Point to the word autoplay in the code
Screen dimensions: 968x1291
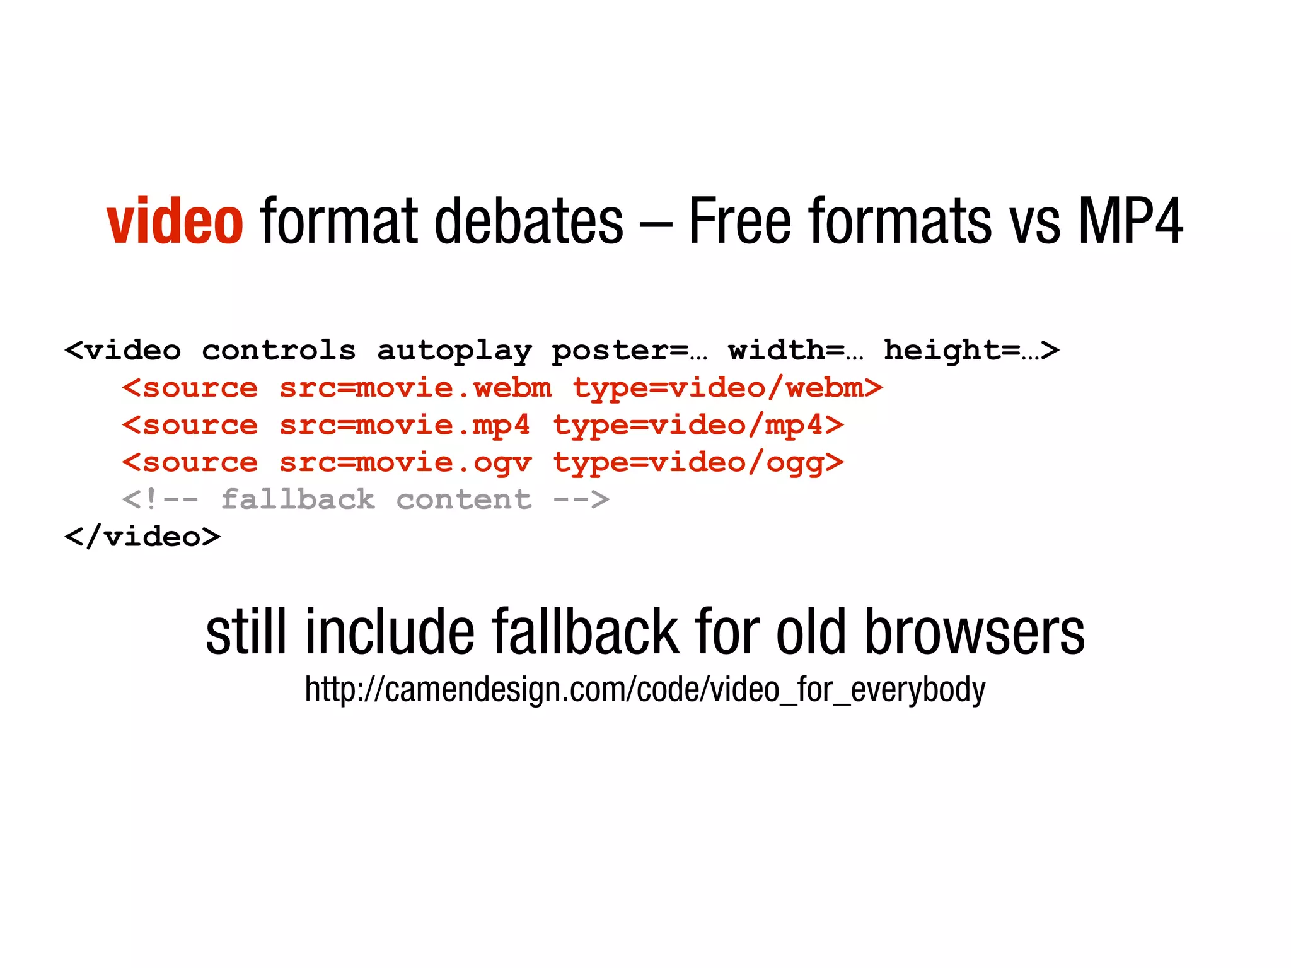click(x=454, y=351)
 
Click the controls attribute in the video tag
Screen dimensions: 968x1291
click(x=279, y=351)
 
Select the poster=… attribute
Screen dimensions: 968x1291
click(x=629, y=351)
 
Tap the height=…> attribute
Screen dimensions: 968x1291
click(x=971, y=351)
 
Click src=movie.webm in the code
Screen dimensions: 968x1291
click(x=415, y=388)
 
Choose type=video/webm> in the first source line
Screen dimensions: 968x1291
click(x=727, y=388)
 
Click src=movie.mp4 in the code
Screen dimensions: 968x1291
click(x=405, y=426)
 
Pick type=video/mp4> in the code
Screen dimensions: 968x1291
click(x=698, y=426)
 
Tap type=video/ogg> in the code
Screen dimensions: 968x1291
click(x=698, y=463)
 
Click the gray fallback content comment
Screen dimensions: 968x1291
click(x=366, y=500)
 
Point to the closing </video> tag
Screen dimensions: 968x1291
click(x=142, y=537)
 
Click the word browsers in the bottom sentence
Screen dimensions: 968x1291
click(x=974, y=632)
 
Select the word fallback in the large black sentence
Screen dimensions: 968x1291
click(x=586, y=632)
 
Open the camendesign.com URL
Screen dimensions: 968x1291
click(x=645, y=689)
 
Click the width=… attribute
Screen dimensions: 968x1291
click(x=796, y=351)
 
